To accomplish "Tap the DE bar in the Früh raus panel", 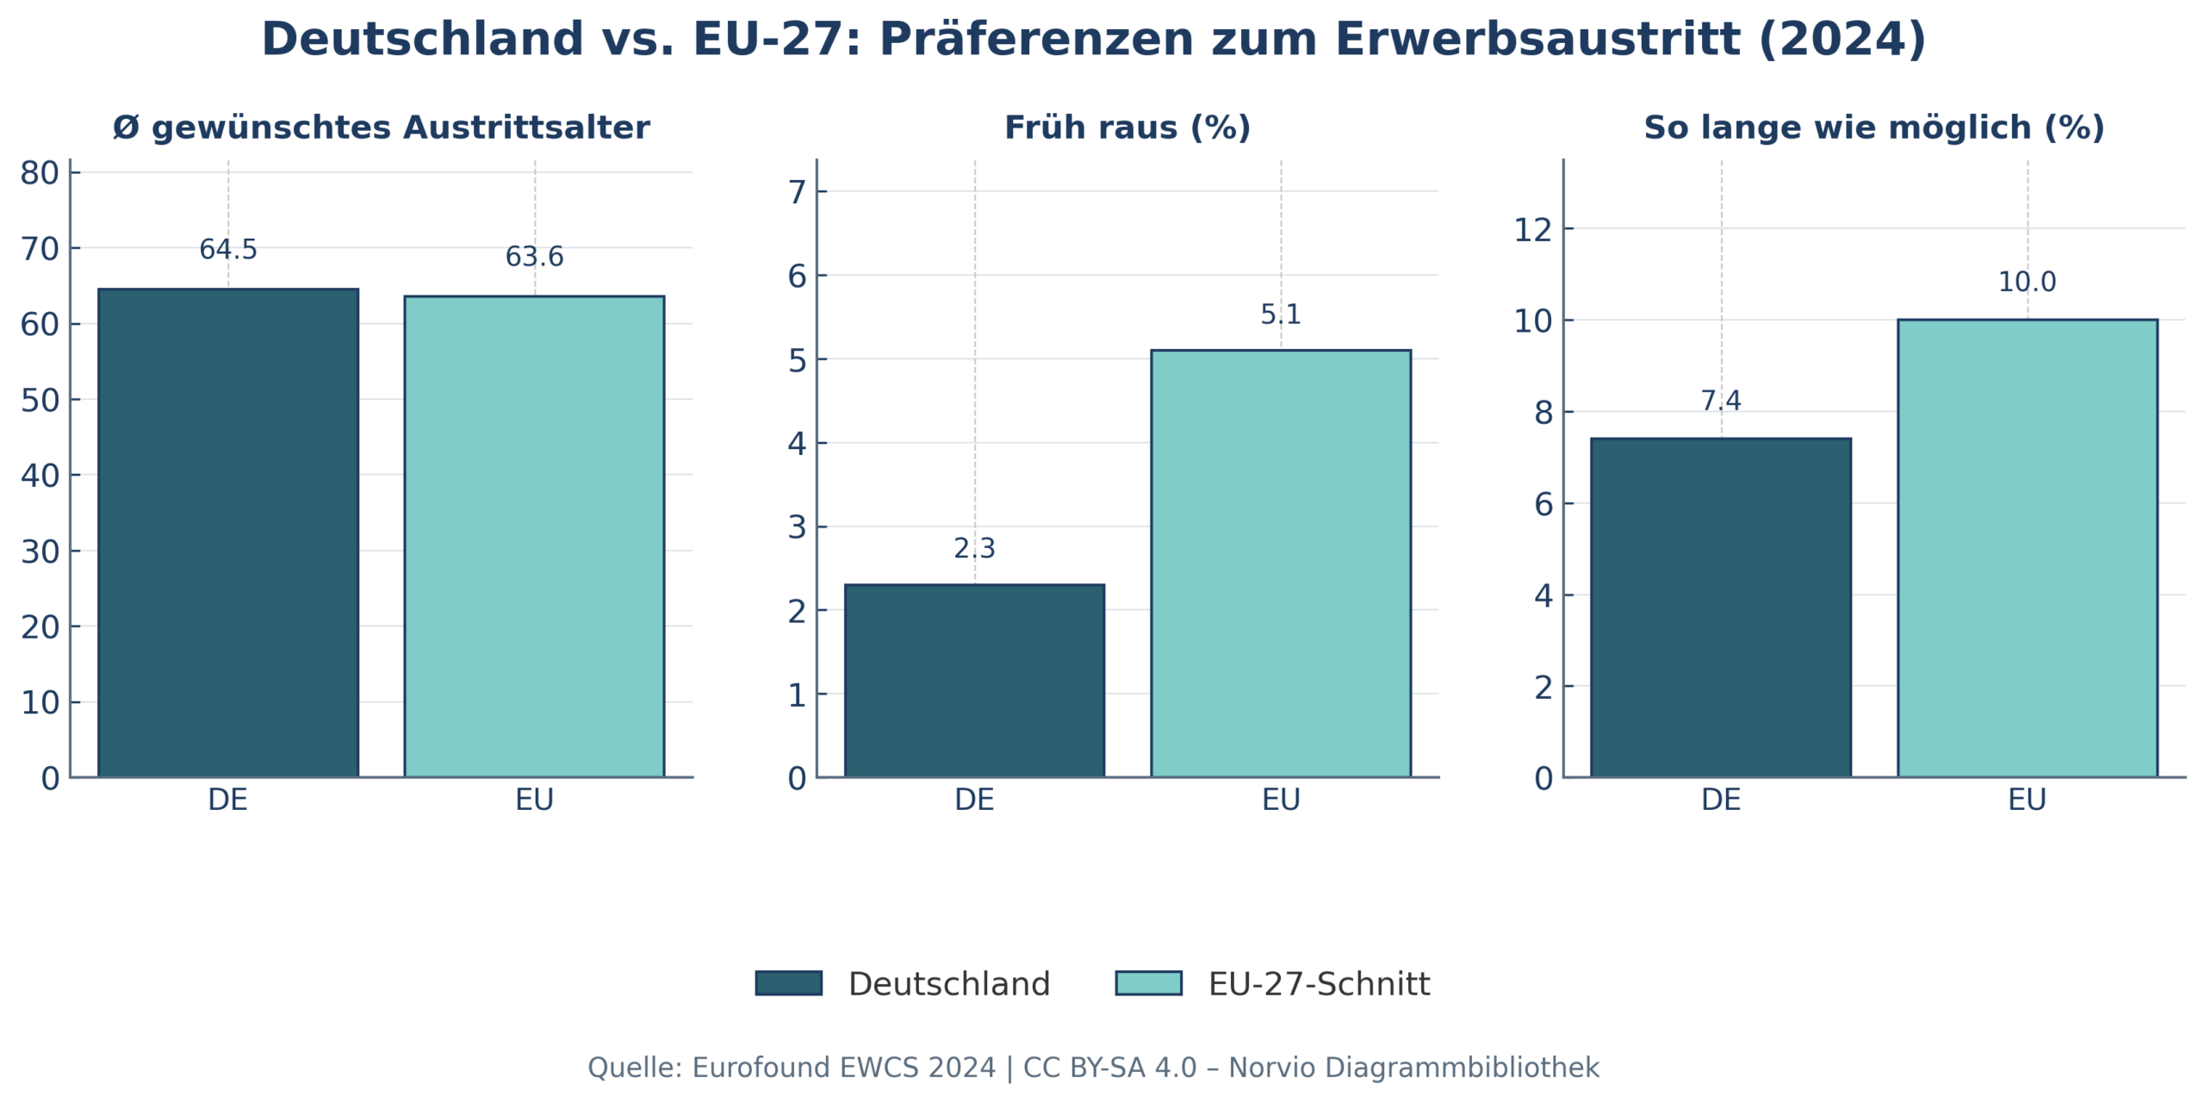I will click(974, 681).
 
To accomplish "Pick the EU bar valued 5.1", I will click(1281, 564).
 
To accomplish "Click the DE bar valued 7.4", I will click(1721, 608).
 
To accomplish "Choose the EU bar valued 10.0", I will click(2028, 548).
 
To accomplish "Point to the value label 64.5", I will click(228, 250).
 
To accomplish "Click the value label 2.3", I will click(974, 549).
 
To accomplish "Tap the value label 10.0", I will click(2027, 283).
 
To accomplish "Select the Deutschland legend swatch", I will click(788, 983).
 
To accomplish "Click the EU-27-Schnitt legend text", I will click(1319, 984).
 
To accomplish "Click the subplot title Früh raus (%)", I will click(1127, 128).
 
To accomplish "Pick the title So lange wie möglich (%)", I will click(1874, 128).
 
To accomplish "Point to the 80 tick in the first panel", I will click(40, 173).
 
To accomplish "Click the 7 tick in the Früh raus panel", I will click(797, 192).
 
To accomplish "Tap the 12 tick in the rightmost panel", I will click(1532, 230).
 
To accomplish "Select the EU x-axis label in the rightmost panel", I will click(2027, 800).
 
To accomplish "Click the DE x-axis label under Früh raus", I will click(974, 800).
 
